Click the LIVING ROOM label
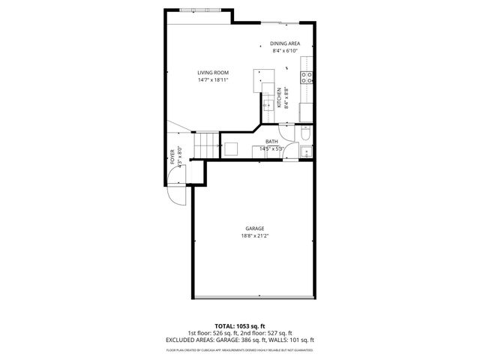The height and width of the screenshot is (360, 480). (213, 73)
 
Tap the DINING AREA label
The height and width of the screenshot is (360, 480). (285, 44)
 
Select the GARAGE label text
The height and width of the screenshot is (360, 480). (255, 229)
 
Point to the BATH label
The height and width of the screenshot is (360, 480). (271, 142)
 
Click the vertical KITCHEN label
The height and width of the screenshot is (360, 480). (279, 97)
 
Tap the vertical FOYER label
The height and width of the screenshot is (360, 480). (172, 155)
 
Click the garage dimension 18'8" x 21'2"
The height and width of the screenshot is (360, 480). (255, 236)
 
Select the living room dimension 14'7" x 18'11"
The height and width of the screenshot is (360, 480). (213, 79)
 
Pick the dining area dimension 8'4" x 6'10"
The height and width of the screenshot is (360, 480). (285, 51)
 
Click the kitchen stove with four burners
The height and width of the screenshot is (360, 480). (306, 76)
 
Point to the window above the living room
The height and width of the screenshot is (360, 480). (200, 10)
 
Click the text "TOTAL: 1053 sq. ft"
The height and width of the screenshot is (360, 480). (240, 327)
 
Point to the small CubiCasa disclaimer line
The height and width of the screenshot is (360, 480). (240, 349)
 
